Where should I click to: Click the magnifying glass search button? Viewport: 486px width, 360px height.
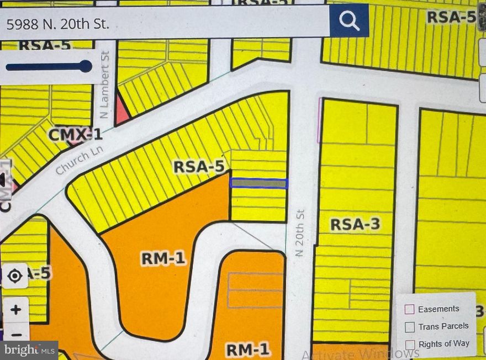tap(349, 21)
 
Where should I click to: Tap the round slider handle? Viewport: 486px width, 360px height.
tap(86, 67)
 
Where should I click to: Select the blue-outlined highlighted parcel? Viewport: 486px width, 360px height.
tap(258, 183)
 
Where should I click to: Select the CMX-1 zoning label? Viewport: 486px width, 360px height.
tap(75, 134)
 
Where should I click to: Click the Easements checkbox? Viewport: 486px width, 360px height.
tap(410, 309)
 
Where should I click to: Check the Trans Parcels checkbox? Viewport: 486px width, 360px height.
tap(410, 327)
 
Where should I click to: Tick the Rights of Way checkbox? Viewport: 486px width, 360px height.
tap(410, 344)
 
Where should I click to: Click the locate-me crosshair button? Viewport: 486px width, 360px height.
tap(15, 275)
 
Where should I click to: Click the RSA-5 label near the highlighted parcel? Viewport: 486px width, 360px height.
tap(198, 166)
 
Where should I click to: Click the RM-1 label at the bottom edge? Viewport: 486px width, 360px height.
tap(247, 349)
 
